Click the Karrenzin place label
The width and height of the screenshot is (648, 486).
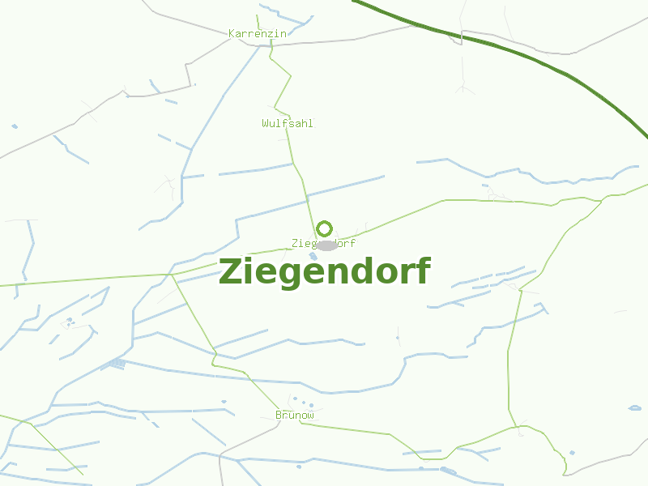[258, 33]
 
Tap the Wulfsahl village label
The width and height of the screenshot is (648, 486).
[287, 123]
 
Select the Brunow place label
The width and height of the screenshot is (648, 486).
[294, 415]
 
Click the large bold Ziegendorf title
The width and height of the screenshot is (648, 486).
[324, 271]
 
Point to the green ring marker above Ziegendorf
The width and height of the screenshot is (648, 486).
[324, 228]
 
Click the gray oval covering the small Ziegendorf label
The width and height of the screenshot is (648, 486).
[326, 245]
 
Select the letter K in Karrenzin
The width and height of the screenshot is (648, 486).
[232, 33]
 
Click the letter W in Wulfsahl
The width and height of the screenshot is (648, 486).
[265, 123]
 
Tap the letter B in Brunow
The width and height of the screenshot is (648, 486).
[279, 415]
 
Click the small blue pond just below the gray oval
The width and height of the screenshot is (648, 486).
[313, 257]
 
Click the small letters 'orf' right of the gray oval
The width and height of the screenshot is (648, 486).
[347, 243]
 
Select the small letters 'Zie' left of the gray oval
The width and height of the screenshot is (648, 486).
[301, 243]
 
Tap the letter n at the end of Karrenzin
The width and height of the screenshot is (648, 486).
[283, 33]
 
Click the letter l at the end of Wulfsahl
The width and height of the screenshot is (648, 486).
[310, 123]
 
